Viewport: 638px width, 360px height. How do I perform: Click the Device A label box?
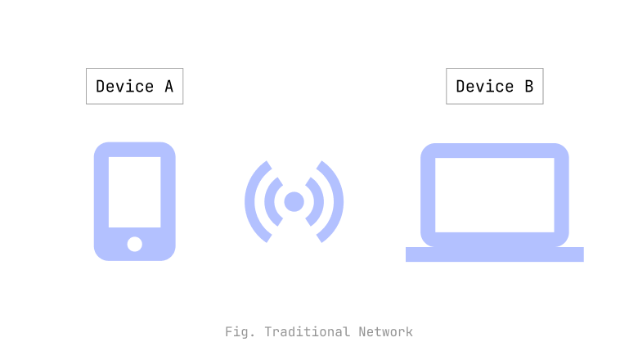[x=134, y=86]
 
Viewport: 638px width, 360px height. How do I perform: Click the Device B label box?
[x=494, y=86]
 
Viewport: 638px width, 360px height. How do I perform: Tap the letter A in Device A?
[x=168, y=87]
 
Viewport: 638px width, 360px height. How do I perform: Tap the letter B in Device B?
[x=528, y=87]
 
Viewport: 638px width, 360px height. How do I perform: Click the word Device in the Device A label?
[x=124, y=87]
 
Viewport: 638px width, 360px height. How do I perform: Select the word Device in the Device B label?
[x=484, y=87]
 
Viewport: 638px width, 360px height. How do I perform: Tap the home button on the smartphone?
[x=134, y=244]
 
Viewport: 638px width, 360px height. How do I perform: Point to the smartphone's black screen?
[x=134, y=191]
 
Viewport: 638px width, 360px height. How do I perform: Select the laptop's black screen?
[x=494, y=195]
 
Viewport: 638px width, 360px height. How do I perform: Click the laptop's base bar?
[x=494, y=254]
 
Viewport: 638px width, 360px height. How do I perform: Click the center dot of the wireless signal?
[x=294, y=201]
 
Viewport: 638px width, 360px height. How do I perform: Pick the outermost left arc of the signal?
[x=251, y=201]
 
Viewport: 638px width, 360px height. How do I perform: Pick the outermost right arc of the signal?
[x=337, y=201]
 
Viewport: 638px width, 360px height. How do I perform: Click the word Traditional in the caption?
[x=308, y=331]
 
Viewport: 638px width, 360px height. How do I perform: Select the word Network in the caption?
[x=385, y=331]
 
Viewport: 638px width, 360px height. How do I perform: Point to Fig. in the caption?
[x=240, y=331]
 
